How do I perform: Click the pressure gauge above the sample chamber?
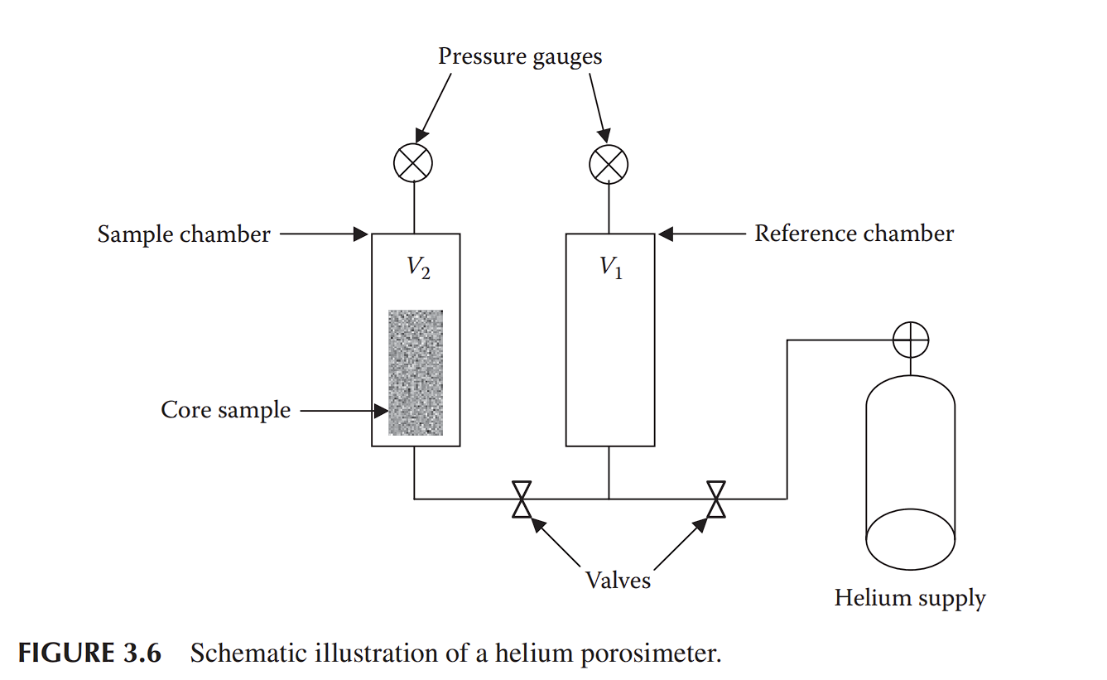click(413, 163)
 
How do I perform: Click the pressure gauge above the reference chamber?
click(609, 163)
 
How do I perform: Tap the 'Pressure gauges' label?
click(520, 56)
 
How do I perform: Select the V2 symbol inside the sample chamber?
click(418, 268)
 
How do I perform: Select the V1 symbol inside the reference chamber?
click(612, 268)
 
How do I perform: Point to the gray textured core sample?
click(416, 373)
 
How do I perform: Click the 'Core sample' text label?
click(225, 410)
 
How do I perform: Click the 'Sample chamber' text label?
click(184, 234)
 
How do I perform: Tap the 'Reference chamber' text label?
click(854, 234)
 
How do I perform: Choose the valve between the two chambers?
click(522, 499)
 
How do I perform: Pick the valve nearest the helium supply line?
click(716, 499)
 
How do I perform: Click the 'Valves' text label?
click(618, 580)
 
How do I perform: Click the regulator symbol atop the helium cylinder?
click(911, 339)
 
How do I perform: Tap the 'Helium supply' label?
click(910, 598)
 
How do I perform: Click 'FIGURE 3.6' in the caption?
click(89, 653)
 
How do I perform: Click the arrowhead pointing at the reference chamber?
click(666, 234)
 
